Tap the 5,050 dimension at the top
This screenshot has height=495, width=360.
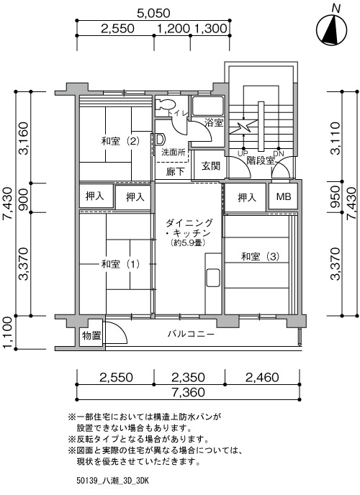click(x=153, y=13)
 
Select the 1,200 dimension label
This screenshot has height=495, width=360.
click(x=173, y=28)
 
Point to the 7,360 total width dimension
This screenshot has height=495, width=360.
click(x=189, y=392)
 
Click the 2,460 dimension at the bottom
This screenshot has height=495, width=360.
click(x=262, y=377)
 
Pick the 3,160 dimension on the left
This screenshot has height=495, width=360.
click(x=24, y=138)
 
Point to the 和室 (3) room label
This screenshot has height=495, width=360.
click(x=260, y=256)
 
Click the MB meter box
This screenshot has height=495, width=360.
click(x=284, y=196)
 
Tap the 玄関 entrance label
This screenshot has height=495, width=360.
click(x=211, y=165)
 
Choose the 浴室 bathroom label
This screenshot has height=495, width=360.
click(x=214, y=122)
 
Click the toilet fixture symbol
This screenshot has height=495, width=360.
click(x=166, y=104)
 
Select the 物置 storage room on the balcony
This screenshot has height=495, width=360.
click(x=91, y=335)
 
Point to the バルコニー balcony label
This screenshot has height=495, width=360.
click(x=191, y=334)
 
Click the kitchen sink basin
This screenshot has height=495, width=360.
click(x=213, y=278)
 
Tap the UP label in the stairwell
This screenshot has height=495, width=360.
click(x=243, y=154)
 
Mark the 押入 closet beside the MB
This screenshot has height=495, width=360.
click(x=247, y=198)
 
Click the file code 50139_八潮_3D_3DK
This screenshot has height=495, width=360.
click(x=112, y=481)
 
